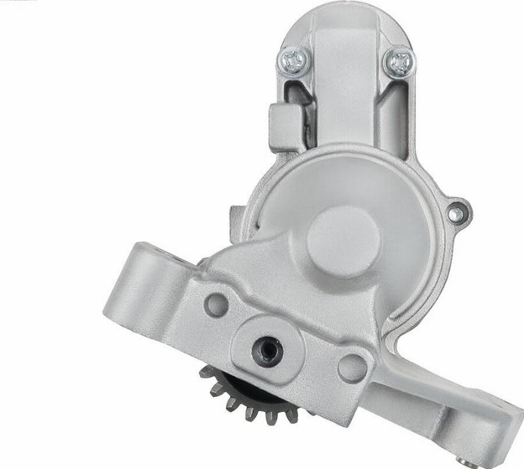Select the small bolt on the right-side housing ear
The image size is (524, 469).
[x=457, y=212]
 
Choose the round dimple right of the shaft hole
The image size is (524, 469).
[x=352, y=368]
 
